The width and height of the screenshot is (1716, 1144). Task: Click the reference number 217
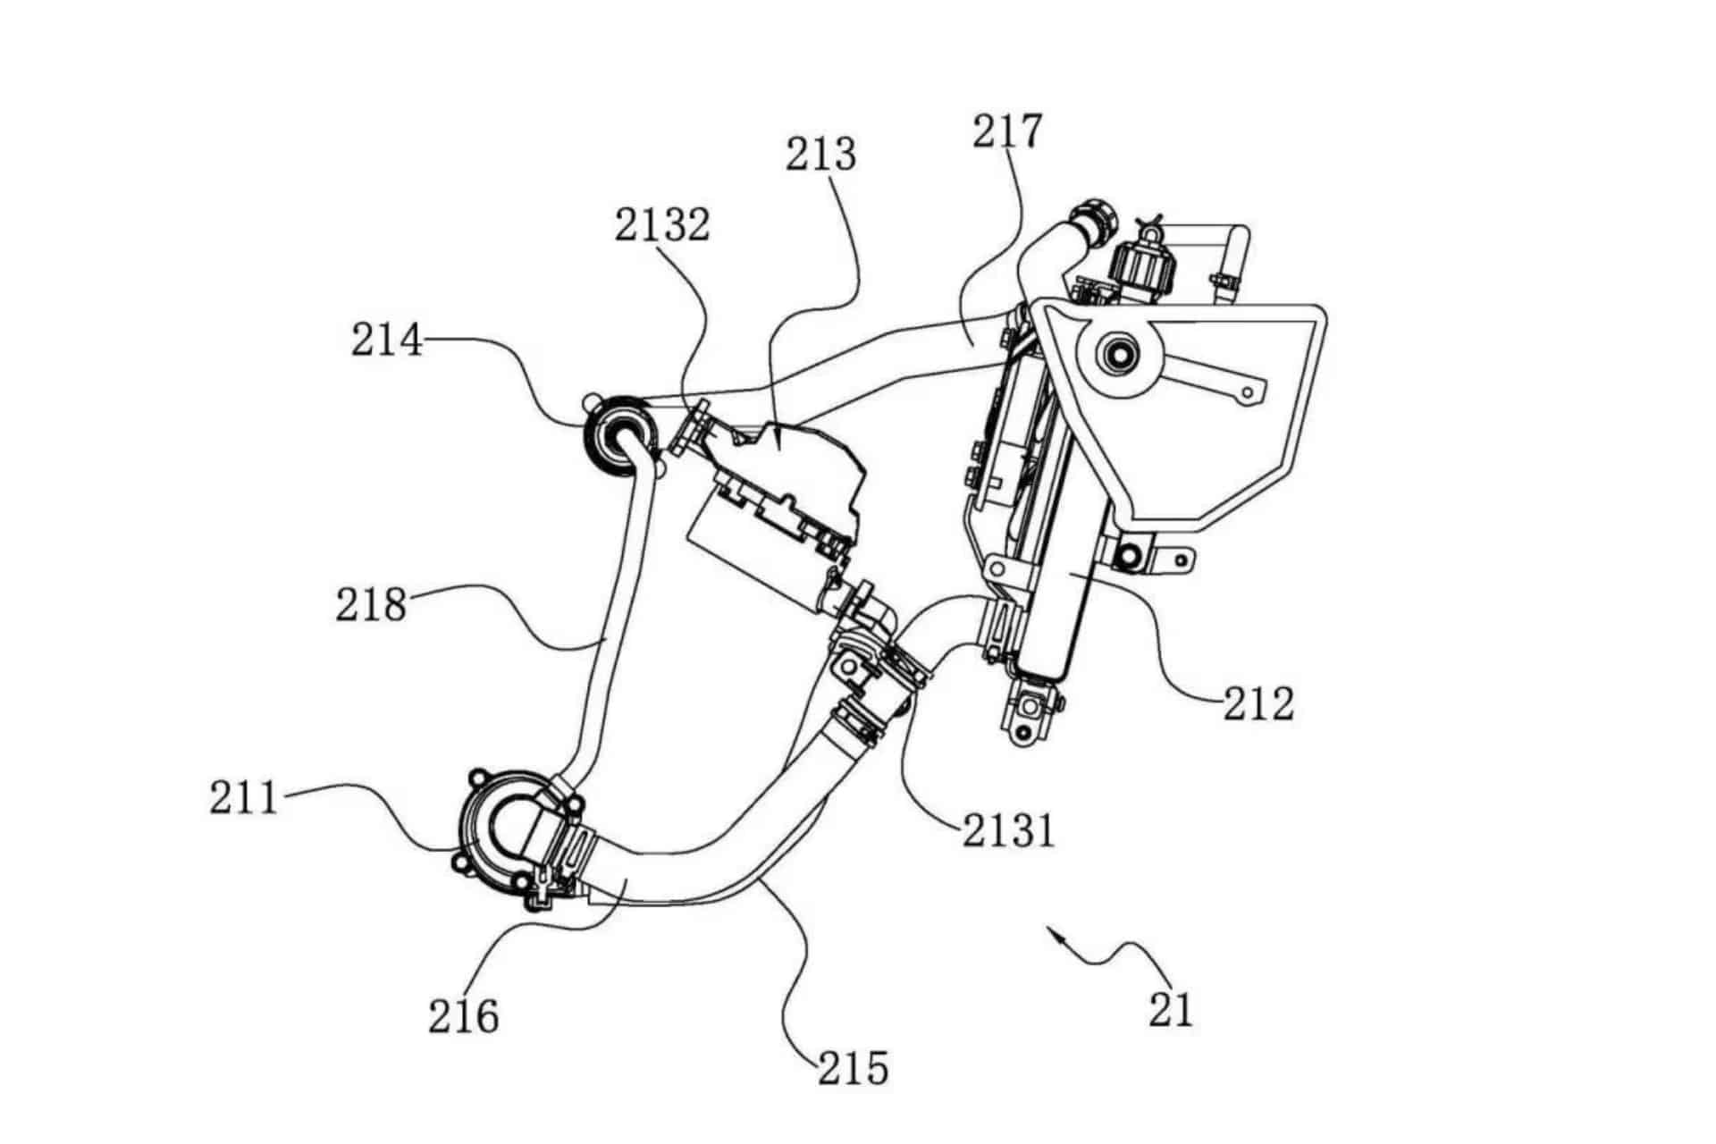[1007, 133]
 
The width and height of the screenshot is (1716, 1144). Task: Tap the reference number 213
[820, 155]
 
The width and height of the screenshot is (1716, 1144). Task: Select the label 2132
[662, 225]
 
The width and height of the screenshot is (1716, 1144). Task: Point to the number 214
[386, 340]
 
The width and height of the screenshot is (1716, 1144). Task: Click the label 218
[371, 604]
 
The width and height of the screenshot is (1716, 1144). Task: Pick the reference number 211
[245, 797]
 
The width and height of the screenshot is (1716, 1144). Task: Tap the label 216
[463, 1016]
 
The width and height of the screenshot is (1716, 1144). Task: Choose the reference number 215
[854, 1067]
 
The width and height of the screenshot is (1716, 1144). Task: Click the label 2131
[1009, 831]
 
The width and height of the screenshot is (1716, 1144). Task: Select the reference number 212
[1258, 703]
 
